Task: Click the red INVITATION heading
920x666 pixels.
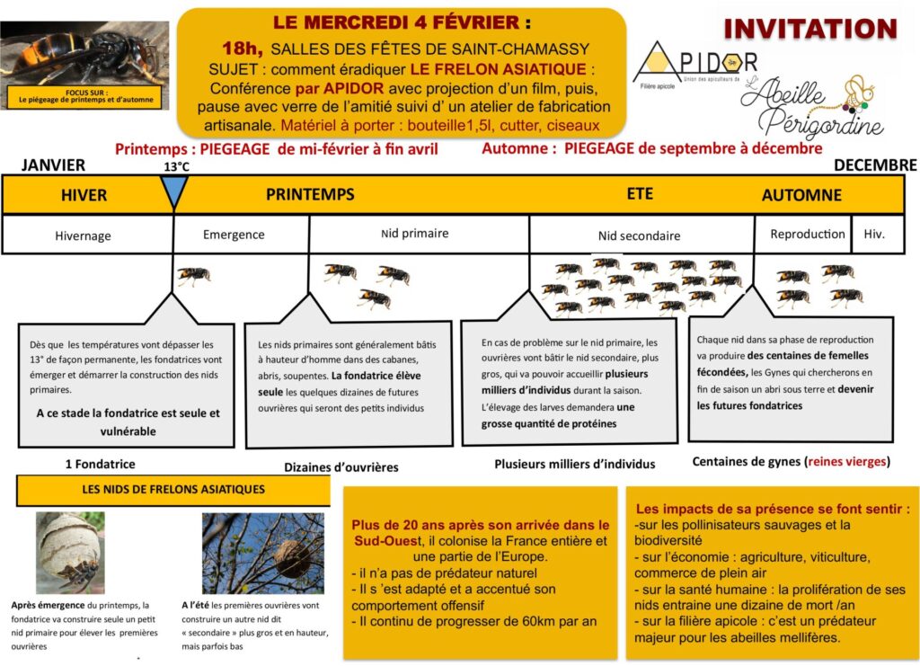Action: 810,28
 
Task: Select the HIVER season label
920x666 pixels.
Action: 84,195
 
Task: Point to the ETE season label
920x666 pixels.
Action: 640,193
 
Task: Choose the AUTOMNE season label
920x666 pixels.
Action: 801,195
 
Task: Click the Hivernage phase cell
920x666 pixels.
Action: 83,235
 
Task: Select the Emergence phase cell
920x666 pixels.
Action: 234,235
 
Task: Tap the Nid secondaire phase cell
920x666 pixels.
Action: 639,235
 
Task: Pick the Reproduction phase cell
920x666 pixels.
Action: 807,234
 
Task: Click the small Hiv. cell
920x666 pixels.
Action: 874,234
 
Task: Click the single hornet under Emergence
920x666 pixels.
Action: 193,275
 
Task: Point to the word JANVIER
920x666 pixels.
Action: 53,165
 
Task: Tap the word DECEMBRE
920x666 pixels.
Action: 874,165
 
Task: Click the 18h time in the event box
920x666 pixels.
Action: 243,48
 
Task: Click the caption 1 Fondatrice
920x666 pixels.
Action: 101,464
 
